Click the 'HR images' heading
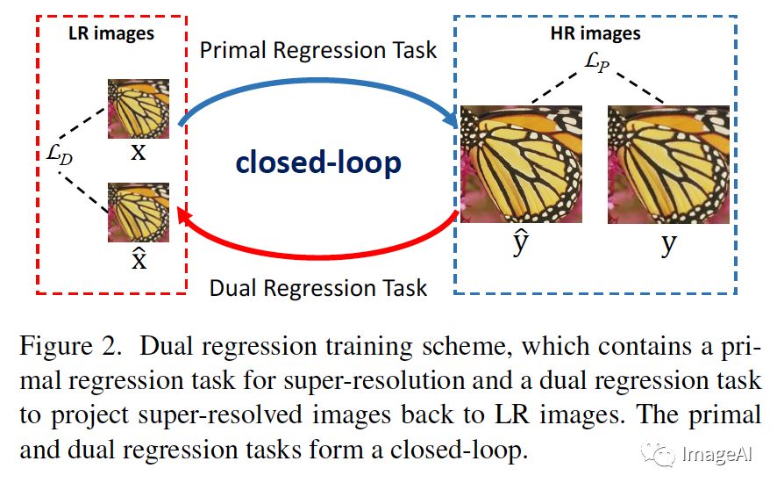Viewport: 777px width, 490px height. point(597,33)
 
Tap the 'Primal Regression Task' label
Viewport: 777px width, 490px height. point(317,49)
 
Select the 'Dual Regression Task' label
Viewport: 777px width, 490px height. point(318,288)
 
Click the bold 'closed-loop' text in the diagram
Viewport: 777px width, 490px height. point(319,162)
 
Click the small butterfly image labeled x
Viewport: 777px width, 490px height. point(138,108)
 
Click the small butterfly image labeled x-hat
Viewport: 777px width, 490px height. point(138,212)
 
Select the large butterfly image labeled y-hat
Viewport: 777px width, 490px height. point(521,164)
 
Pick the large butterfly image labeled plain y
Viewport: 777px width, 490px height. point(667,164)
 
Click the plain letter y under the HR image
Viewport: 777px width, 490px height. point(668,244)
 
